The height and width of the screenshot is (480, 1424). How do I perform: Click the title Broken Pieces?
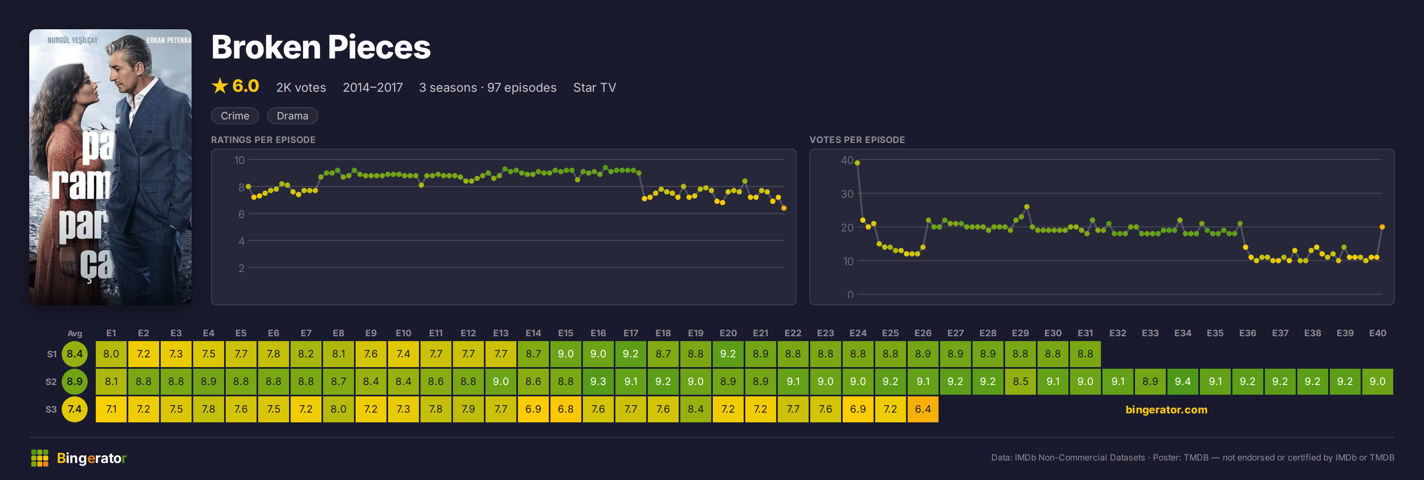pyautogui.click(x=321, y=47)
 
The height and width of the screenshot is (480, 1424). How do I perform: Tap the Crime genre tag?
pyautogui.click(x=235, y=116)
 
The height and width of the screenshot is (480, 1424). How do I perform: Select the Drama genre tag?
pyautogui.click(x=292, y=116)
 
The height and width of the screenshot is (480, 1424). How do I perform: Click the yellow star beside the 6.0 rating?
pyautogui.click(x=220, y=86)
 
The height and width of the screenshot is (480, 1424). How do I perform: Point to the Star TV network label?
pyautogui.click(x=594, y=87)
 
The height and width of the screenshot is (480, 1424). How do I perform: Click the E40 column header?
pyautogui.click(x=1377, y=333)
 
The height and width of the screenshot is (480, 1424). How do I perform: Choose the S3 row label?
pyautogui.click(x=51, y=409)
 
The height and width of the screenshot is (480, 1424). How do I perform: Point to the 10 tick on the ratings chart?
pyautogui.click(x=239, y=160)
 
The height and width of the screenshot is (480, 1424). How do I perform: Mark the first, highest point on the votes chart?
pyautogui.click(x=857, y=162)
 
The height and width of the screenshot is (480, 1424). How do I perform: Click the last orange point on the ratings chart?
pyautogui.click(x=784, y=208)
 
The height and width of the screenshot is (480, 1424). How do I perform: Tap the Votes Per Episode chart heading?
pyautogui.click(x=857, y=140)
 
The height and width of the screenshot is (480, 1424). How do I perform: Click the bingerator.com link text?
pyautogui.click(x=1166, y=410)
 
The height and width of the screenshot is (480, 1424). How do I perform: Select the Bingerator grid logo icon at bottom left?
pyautogui.click(x=40, y=458)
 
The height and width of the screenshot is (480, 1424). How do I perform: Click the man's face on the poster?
pyautogui.click(x=126, y=69)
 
